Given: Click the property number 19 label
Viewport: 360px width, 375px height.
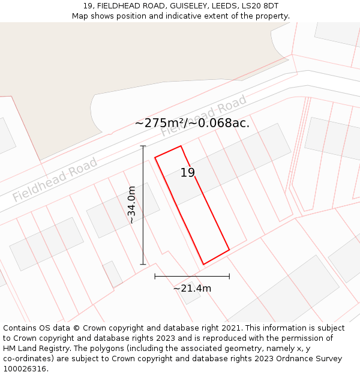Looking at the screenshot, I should click(188, 173).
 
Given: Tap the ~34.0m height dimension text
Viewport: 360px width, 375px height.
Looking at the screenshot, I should click(132, 205).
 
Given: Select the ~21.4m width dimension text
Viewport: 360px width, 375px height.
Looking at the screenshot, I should click(192, 289).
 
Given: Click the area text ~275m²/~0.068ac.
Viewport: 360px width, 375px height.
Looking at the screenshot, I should click(192, 124).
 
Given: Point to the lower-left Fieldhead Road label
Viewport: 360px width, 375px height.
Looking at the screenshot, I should click(55, 179).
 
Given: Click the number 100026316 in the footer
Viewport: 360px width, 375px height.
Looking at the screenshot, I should click(25, 369).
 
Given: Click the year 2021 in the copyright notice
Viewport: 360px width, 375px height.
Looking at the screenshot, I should click(231, 328).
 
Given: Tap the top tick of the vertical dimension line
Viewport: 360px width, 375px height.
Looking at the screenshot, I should click(143, 146).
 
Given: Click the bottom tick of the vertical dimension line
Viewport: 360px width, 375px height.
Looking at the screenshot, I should click(143, 264).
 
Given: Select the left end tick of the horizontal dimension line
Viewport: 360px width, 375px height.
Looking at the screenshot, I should click(155, 277).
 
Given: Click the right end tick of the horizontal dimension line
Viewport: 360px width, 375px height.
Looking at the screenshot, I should click(229, 277).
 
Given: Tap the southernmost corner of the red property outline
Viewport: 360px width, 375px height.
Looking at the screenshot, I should click(203, 264).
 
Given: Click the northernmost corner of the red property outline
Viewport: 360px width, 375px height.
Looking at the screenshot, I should click(181, 146).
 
